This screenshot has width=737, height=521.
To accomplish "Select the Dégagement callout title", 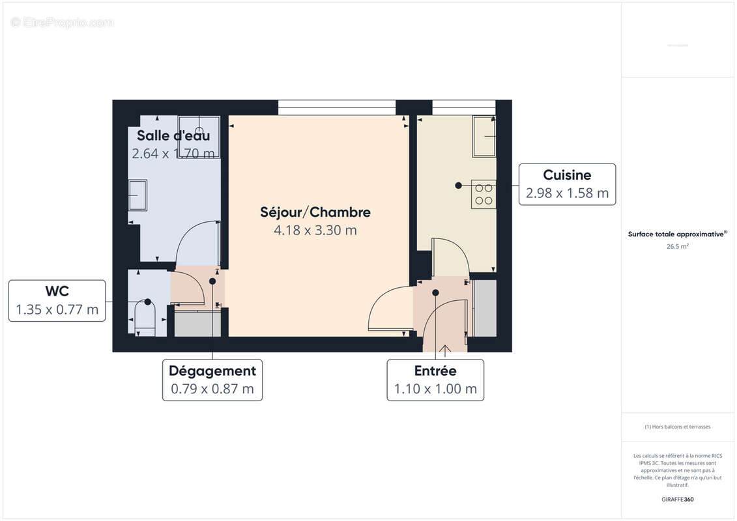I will tap(212, 371).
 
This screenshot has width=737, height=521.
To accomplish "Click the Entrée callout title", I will tap(435, 371).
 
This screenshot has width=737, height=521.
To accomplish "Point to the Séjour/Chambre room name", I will tap(315, 212).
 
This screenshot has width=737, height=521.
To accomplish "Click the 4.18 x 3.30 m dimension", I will tap(315, 230).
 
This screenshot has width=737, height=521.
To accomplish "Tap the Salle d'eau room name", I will tap(173, 136).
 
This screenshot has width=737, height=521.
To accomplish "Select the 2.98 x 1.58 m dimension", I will tap(567, 193).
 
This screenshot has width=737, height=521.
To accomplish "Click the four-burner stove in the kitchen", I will tap(484, 194).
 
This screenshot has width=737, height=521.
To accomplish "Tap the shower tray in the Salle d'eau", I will tap(199, 137).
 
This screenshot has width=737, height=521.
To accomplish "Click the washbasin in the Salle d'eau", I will tap(137, 195).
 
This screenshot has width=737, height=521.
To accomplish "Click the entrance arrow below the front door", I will tap(445, 351).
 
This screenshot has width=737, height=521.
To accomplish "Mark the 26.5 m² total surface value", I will tap(678, 247).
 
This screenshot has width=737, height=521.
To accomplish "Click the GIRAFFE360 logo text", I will tap(678, 500).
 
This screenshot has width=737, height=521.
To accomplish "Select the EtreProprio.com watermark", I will tap(63, 23).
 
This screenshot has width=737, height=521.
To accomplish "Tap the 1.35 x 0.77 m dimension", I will tap(57, 310).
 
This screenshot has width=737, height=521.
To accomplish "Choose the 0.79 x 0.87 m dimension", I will tap(212, 389).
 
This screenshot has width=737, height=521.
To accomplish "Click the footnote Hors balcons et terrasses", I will tap(678, 427).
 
